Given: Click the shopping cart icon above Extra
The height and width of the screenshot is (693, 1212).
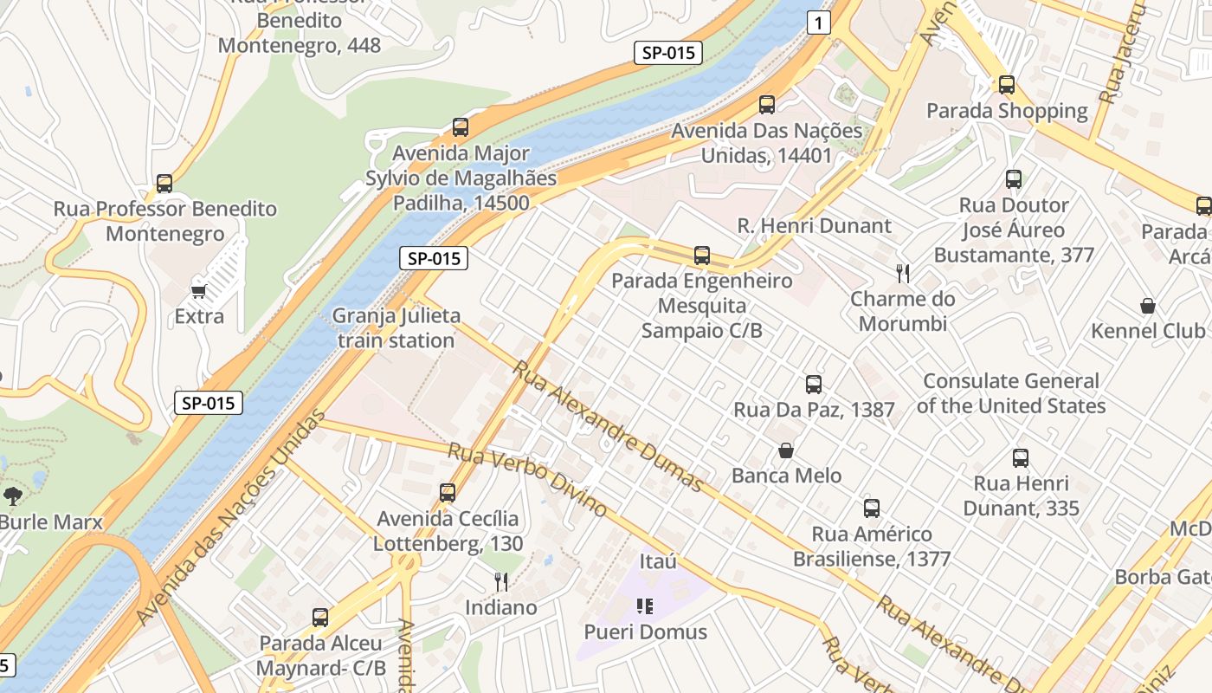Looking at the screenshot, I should pyautogui.click(x=199, y=291).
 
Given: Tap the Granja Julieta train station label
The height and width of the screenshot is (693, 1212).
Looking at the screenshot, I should pyautogui.click(x=396, y=328).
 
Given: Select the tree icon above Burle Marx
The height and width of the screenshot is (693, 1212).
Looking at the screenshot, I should pyautogui.click(x=13, y=496).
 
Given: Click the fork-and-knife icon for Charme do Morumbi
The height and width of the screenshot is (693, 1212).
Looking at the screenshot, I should pyautogui.click(x=903, y=274).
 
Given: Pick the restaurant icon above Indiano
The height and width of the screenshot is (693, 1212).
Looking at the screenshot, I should pyautogui.click(x=500, y=581).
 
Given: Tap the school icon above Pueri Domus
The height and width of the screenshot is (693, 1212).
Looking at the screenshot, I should pyautogui.click(x=644, y=606).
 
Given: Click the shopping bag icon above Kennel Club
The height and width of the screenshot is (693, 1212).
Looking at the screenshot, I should pyautogui.click(x=1148, y=306).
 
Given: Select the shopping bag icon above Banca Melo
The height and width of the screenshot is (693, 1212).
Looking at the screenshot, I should pyautogui.click(x=786, y=450).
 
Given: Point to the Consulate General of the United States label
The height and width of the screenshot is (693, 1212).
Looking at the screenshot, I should pyautogui.click(x=1011, y=393).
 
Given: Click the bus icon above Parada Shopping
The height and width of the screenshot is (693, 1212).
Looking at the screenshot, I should pyautogui.click(x=1006, y=85).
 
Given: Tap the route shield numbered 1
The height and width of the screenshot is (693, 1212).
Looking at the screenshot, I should pyautogui.click(x=818, y=23).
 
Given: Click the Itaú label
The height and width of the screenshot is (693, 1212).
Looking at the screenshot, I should pyautogui.click(x=658, y=561).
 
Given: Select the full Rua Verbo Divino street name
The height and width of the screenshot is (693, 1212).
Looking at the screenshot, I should pyautogui.click(x=526, y=479).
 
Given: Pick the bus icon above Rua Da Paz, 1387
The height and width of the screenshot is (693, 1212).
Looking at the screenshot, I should pyautogui.click(x=813, y=384).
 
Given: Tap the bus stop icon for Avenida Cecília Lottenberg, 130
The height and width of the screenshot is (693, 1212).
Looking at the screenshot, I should pyautogui.click(x=448, y=493).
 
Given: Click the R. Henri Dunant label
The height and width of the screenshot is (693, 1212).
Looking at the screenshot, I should pyautogui.click(x=814, y=226).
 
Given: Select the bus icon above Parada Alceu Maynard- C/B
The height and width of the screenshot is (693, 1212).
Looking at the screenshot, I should pyautogui.click(x=320, y=618).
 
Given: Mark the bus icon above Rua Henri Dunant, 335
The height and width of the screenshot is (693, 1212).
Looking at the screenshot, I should pyautogui.click(x=1021, y=458).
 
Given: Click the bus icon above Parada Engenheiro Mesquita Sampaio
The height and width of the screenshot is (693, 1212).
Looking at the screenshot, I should pyautogui.click(x=702, y=256).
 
